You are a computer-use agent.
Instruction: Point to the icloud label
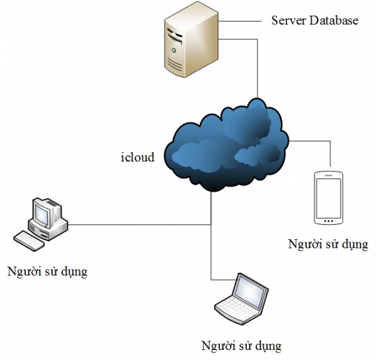coord(137,157)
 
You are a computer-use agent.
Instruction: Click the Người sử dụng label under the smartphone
coord(328,244)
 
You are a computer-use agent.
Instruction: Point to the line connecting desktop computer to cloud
coord(138,224)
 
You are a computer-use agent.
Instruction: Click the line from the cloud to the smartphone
coord(310,141)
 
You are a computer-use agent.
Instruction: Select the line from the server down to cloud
coord(256,69)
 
